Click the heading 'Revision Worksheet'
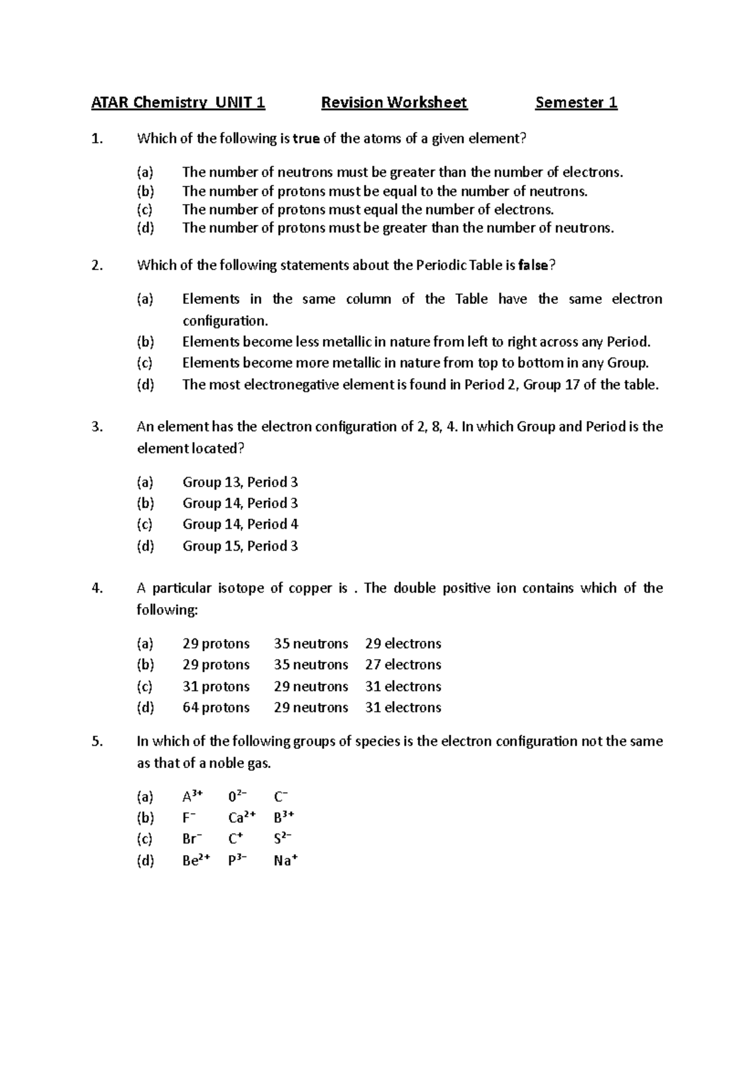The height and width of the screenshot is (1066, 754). click(394, 102)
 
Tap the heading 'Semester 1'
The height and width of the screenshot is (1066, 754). click(576, 102)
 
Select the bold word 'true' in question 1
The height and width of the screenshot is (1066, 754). click(306, 139)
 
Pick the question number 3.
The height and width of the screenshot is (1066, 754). click(96, 427)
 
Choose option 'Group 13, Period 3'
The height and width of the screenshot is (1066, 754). click(240, 482)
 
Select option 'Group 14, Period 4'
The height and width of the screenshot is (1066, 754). click(240, 524)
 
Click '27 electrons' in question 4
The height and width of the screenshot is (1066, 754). click(403, 664)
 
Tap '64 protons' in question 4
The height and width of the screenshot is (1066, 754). click(216, 708)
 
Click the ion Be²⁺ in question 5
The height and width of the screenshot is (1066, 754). click(196, 861)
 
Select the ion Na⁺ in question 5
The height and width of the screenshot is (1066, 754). click(285, 861)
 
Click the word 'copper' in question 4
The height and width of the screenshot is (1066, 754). click(310, 588)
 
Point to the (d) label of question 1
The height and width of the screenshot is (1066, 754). click(145, 228)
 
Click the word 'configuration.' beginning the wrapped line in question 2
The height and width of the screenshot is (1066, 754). click(225, 321)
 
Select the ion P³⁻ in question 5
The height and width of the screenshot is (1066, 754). click(238, 861)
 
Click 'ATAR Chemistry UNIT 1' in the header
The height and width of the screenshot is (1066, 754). click(178, 102)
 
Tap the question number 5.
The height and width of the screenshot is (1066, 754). click(96, 741)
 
